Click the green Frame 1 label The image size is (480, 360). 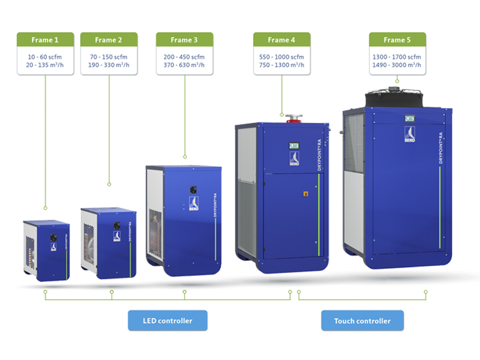pos(46,40)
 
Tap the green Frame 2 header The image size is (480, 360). pos(109,40)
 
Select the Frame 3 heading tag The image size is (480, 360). pos(184,40)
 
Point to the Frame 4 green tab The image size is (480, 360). pos(281,40)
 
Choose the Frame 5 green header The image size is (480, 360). pos(397,40)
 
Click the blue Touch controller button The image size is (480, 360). pos(362,320)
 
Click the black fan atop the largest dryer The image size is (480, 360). pos(393,95)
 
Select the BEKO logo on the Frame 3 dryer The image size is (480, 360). pos(194,202)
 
